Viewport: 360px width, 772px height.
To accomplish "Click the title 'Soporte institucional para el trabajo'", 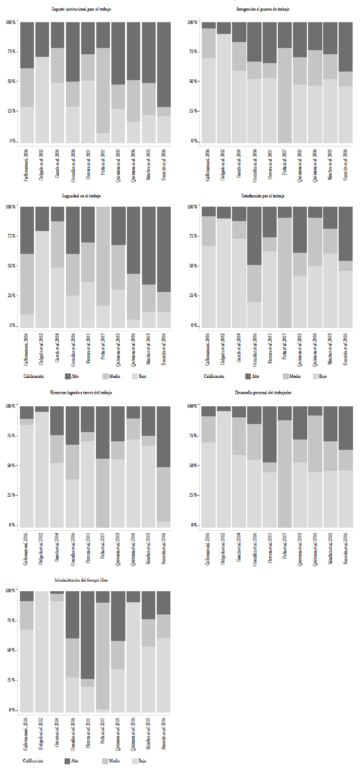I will point(81,9).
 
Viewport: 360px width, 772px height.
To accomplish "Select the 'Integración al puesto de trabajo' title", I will point(263,9).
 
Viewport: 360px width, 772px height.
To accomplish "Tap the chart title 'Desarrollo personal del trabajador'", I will point(263,393).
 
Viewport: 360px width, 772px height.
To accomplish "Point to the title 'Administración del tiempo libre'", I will point(81,580).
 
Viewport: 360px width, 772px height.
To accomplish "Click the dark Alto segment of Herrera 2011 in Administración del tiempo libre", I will point(88,635).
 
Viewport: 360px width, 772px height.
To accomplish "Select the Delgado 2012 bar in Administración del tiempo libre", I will point(42,651).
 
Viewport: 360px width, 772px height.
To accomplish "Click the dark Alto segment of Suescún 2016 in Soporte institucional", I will point(164,65).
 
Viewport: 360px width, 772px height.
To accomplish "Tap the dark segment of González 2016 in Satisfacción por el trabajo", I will point(254,236).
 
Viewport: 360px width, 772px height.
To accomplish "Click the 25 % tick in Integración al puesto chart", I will point(193,111).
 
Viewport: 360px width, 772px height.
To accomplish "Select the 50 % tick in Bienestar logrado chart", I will point(10,465).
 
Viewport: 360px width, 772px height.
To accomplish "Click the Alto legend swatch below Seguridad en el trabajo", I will point(67,376).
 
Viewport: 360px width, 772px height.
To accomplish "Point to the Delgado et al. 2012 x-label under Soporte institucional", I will point(42,164).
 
